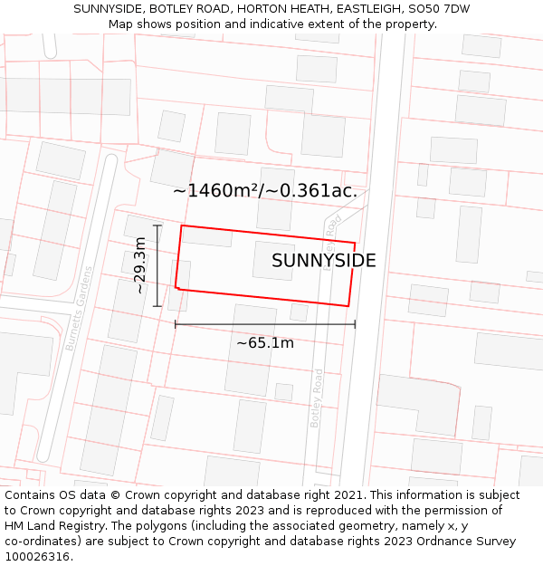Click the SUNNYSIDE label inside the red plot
[x=323, y=261]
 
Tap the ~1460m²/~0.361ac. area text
[x=265, y=191]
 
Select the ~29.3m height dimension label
[x=140, y=265]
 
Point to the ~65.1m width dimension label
[x=264, y=343]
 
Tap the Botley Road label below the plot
[x=316, y=398]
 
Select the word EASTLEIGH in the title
[x=347, y=9]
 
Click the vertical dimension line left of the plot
[x=157, y=265]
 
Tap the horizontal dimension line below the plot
[x=264, y=323]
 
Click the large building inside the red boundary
[x=274, y=260]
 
